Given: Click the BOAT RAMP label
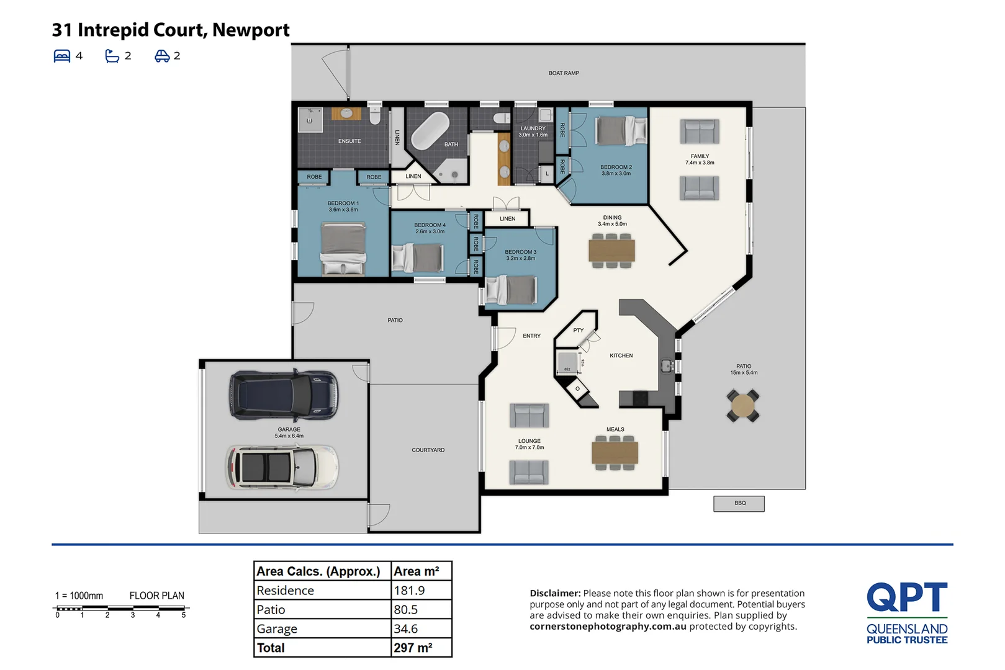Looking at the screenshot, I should coord(564,73).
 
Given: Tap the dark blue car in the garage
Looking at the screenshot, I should coord(284,395).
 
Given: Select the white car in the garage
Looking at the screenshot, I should coord(282,467).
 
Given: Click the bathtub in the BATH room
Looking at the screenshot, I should coord(430,130).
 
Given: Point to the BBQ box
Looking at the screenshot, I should coord(739,503).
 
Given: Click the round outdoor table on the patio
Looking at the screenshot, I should coord(743,406).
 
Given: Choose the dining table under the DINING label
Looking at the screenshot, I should coord(611,251).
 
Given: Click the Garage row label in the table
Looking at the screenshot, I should coord(277,629).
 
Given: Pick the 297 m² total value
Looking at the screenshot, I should coord(413,648).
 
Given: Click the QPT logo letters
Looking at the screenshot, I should coord(907,597).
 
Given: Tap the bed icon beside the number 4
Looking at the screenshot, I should coord(62,56).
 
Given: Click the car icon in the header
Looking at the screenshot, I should coord(162,56).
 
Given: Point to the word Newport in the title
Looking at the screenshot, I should coord(251,30).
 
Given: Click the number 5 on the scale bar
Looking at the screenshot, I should coord(184,615).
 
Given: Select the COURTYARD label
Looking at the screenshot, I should coord(428,450).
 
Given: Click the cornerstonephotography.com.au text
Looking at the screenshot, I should coord(608,627).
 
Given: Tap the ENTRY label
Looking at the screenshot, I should coord(531,336).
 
